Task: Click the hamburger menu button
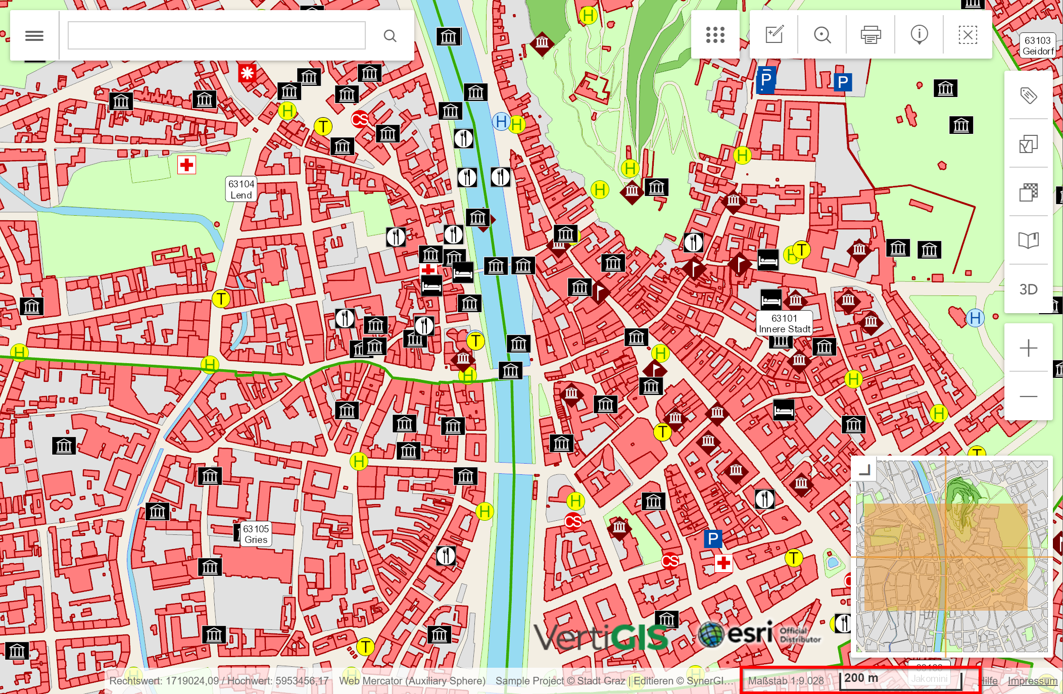pos(34,36)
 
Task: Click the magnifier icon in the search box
pos(390,36)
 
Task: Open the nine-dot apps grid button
pos(715,35)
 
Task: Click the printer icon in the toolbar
pos(871,35)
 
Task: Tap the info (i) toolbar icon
pos(919,35)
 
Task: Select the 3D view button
pos(1028,289)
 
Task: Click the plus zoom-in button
pos(1028,348)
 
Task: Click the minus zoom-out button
pos(1028,396)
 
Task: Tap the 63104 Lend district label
pos(241,189)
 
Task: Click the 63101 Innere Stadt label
pos(784,324)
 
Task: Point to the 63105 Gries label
pos(256,534)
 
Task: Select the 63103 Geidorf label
pos(1038,45)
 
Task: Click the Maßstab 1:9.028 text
pos(786,680)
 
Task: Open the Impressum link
pos(1032,681)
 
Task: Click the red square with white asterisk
pos(247,73)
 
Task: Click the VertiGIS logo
pos(601,637)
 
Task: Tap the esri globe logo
pos(711,634)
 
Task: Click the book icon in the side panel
pos(1028,240)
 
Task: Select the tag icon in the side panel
pos(1028,95)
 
